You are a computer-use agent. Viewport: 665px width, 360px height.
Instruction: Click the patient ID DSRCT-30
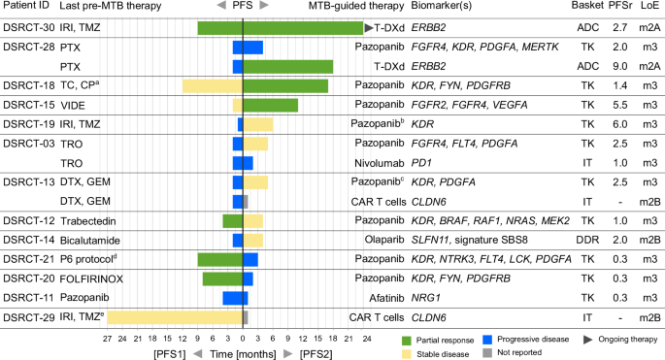point(27,28)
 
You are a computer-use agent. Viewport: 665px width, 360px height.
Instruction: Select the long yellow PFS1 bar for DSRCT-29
point(175,317)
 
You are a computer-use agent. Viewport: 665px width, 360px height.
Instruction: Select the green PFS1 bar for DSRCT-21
point(219,259)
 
